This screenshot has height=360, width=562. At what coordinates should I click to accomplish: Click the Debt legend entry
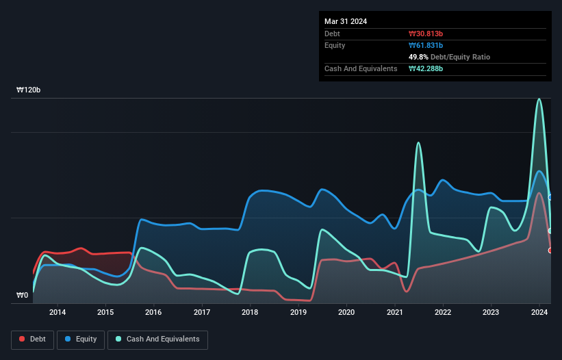(x=32, y=339)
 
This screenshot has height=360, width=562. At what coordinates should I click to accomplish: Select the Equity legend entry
(x=81, y=339)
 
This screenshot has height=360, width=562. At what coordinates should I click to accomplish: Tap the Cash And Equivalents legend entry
(x=157, y=339)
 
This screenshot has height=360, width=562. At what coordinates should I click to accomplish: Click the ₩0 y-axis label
(x=22, y=296)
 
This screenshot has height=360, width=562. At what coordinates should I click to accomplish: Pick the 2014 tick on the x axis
(x=58, y=313)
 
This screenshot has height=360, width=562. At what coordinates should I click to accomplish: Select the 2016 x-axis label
(x=154, y=313)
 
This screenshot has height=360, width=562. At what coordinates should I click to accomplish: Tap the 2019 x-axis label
(x=298, y=313)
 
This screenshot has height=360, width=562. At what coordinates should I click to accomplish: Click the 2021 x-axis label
(x=395, y=313)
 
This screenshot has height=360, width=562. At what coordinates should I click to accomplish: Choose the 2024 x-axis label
(x=539, y=313)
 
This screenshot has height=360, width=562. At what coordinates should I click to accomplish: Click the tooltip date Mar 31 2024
(x=346, y=21)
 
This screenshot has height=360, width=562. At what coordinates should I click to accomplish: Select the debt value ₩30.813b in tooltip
(x=426, y=34)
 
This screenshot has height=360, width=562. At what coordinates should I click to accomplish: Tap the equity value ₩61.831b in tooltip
(x=426, y=45)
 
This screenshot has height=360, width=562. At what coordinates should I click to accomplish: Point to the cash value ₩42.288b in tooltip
(x=426, y=68)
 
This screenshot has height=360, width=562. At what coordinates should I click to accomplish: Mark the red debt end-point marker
(x=550, y=250)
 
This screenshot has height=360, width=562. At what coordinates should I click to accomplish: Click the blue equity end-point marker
(x=550, y=197)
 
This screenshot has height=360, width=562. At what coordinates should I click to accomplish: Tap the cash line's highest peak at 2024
(x=539, y=99)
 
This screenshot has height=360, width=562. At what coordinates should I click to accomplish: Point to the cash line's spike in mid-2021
(x=418, y=143)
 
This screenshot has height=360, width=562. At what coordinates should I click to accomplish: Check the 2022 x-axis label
(x=443, y=313)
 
